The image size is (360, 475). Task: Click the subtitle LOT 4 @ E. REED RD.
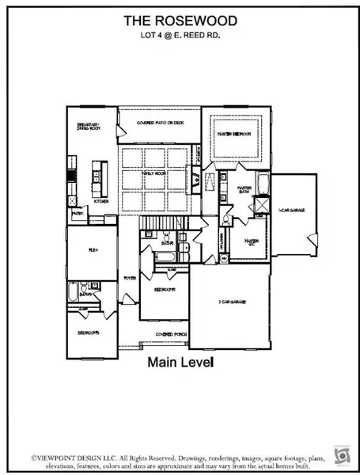179,35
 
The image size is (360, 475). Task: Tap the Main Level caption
180,362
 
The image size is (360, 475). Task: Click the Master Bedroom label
234,135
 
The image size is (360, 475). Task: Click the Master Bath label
245,190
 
